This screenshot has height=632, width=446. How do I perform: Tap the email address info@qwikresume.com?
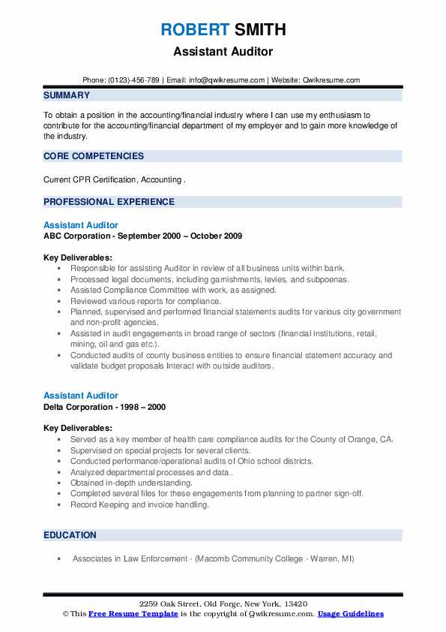tap(229, 80)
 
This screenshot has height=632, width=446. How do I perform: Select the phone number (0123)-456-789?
tap(136, 80)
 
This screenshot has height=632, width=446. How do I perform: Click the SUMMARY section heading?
tap(67, 95)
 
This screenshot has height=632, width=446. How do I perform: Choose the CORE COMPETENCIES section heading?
tap(94, 156)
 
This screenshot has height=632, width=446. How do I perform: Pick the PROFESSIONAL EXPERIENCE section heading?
tap(109, 201)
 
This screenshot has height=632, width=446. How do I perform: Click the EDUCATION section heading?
tap(70, 535)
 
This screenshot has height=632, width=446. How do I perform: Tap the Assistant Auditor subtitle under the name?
tap(223, 52)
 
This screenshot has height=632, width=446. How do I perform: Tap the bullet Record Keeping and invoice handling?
tap(139, 504)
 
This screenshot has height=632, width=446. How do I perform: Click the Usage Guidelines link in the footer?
tap(351, 614)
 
